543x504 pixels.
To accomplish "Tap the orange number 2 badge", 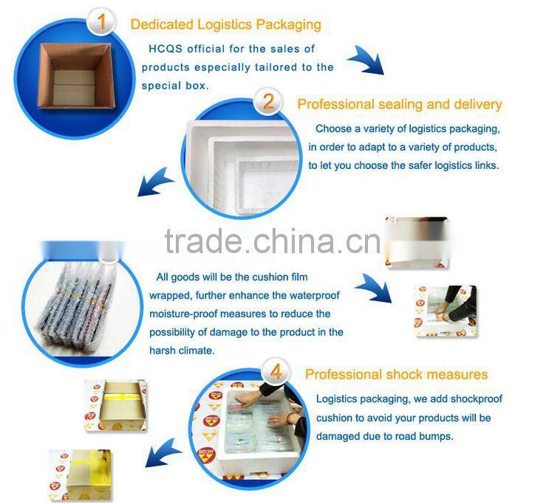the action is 267,101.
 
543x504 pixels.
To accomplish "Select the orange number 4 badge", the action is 276,371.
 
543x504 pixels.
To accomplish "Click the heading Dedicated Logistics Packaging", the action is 225,24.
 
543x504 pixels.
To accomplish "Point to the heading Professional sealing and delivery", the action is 399,104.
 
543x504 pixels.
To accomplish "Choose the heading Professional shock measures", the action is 396,374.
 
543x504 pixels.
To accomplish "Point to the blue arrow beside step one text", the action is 367,61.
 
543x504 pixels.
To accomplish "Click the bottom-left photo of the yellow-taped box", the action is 80,472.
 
